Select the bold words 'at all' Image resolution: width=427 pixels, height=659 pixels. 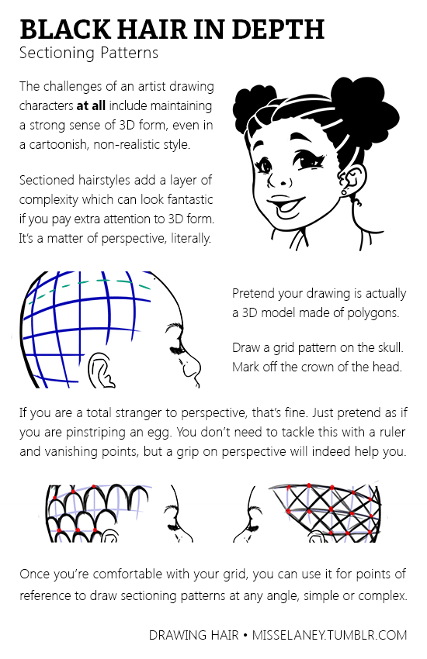point(91,105)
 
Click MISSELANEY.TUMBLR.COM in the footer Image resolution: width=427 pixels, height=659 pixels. point(329,635)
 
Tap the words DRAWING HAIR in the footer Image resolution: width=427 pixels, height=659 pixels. point(194,635)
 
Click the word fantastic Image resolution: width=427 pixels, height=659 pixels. point(189,198)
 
